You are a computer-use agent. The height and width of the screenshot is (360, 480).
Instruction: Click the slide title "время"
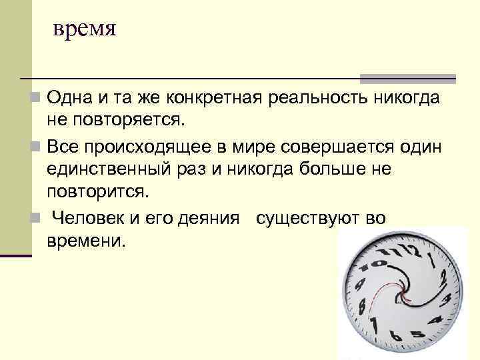(x=85, y=30)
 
